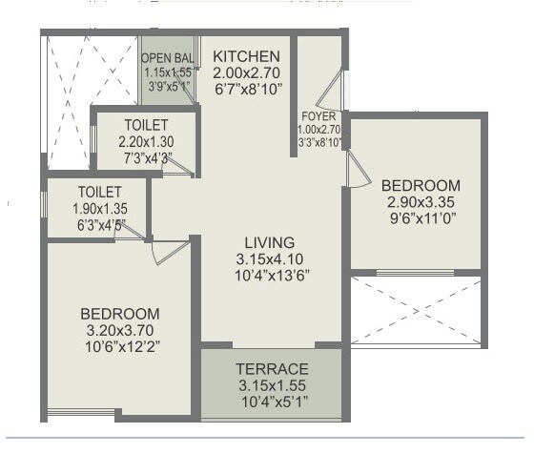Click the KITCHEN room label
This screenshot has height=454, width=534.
[x=246, y=56]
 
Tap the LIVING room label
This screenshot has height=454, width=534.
[x=269, y=241]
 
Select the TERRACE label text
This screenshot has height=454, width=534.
[x=273, y=369]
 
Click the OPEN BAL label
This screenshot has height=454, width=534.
[x=169, y=58]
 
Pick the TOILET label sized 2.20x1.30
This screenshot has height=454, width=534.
[x=147, y=125]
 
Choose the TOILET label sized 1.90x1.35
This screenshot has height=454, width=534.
[x=99, y=191]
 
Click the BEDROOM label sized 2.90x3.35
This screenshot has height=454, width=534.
[x=421, y=185]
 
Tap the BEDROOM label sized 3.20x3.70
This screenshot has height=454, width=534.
[x=119, y=313]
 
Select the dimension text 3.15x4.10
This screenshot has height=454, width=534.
[x=269, y=258]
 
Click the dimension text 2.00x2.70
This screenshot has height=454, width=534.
[x=246, y=72]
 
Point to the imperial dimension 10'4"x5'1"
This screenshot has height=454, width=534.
[x=273, y=402]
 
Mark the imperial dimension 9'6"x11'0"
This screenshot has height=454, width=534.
[x=421, y=217]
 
